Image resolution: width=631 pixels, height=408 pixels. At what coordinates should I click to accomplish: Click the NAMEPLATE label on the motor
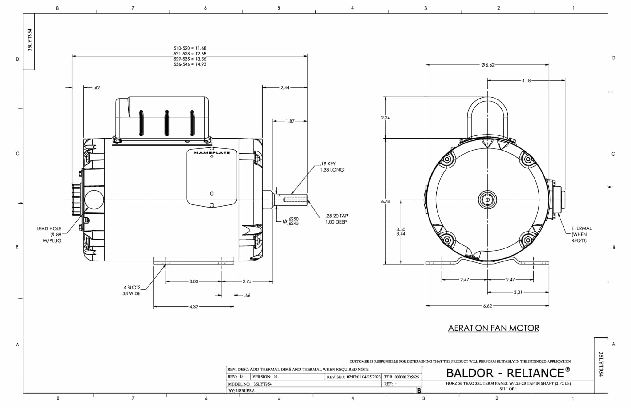pyautogui.click(x=212, y=153)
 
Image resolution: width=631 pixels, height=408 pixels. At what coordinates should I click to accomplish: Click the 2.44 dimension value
pyautogui.click(x=285, y=87)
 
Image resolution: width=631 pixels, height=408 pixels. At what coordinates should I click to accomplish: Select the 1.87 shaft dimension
pyautogui.click(x=290, y=121)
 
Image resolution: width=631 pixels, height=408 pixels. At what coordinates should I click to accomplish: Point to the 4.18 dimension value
pyautogui.click(x=526, y=80)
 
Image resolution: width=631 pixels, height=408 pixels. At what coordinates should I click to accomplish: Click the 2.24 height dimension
pyautogui.click(x=385, y=118)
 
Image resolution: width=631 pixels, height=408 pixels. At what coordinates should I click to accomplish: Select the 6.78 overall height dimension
pyautogui.click(x=385, y=201)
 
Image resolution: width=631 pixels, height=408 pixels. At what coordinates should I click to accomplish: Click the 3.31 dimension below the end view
pyautogui.click(x=518, y=292)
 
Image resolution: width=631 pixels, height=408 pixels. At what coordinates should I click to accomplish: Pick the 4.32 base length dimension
pyautogui.click(x=194, y=307)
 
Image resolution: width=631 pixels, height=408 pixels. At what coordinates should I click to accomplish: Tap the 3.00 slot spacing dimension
pyautogui.click(x=194, y=281)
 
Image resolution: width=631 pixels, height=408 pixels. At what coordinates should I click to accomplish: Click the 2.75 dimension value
pyautogui.click(x=247, y=281)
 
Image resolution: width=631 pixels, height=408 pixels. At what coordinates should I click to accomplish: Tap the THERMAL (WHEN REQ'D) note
pyautogui.click(x=581, y=234)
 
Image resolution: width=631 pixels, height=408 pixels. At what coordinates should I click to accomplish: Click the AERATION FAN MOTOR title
pyautogui.click(x=494, y=328)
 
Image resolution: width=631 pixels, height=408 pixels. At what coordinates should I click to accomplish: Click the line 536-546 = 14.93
pyautogui.click(x=190, y=64)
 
